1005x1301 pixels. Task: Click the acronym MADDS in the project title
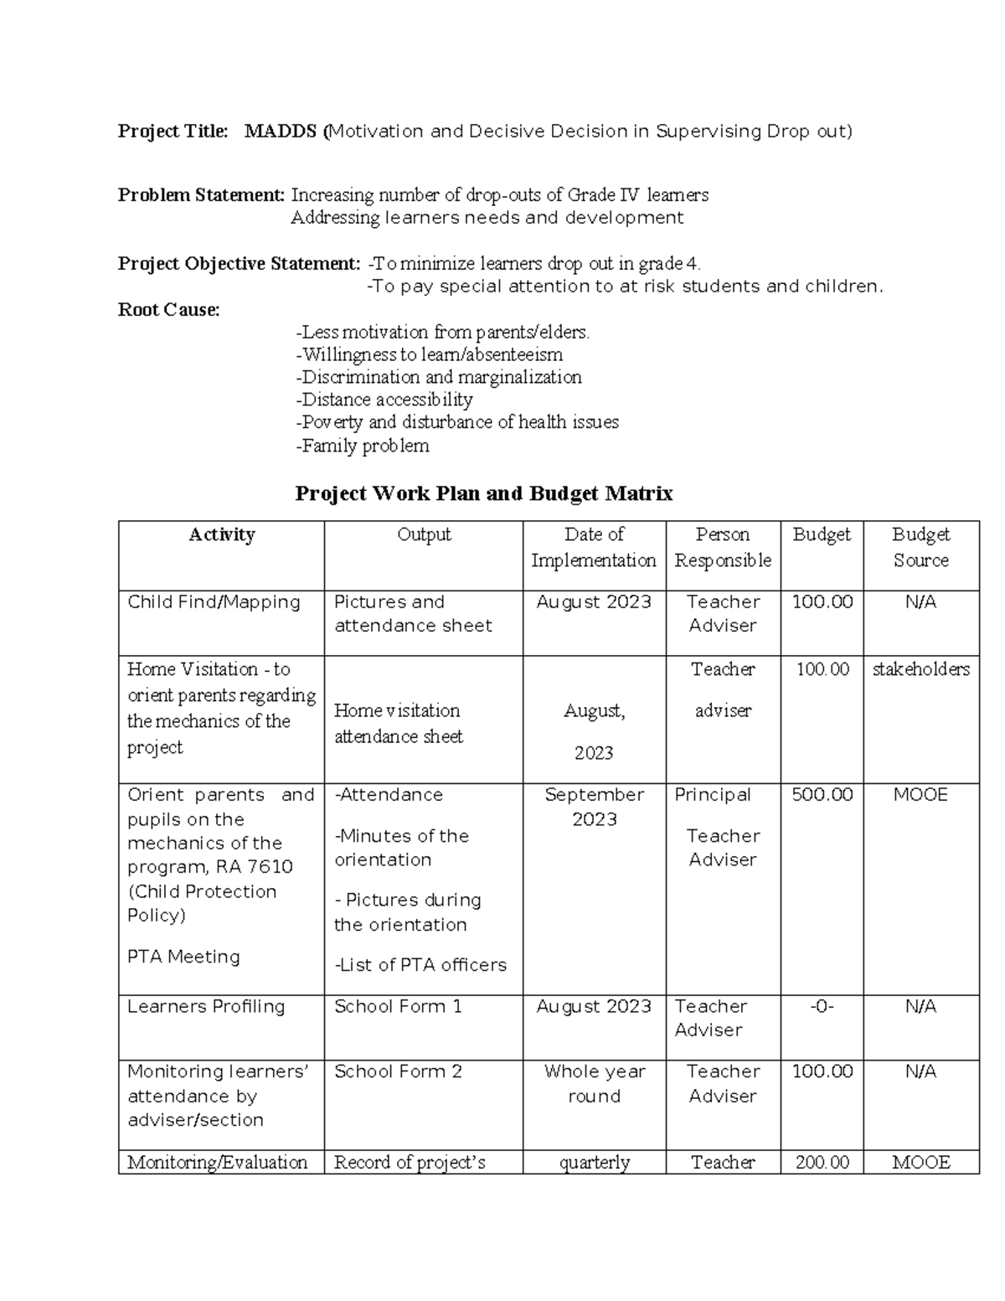(x=281, y=132)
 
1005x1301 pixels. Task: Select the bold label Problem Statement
(x=201, y=195)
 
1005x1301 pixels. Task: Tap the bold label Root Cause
(x=168, y=310)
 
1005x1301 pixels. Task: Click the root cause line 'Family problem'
(x=363, y=446)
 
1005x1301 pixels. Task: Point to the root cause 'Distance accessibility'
(x=384, y=400)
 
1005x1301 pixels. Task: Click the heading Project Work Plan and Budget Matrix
(x=483, y=493)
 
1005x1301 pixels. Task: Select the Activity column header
(x=221, y=535)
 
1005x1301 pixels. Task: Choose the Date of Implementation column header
(x=594, y=547)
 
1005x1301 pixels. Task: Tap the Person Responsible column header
(x=723, y=547)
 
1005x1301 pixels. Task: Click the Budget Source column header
(x=920, y=547)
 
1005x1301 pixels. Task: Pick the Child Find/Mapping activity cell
(x=214, y=602)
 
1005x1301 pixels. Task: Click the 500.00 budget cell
(x=822, y=795)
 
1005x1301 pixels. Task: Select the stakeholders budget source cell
(x=920, y=669)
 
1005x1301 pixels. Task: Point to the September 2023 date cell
(x=594, y=807)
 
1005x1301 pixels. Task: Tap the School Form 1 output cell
(x=398, y=1007)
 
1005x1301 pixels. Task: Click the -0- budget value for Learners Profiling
(x=822, y=1007)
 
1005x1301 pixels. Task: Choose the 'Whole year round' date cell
(x=594, y=1084)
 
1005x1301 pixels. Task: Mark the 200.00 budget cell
(x=822, y=1163)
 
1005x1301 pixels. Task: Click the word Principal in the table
(x=713, y=795)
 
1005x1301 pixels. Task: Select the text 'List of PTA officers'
(x=421, y=965)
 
